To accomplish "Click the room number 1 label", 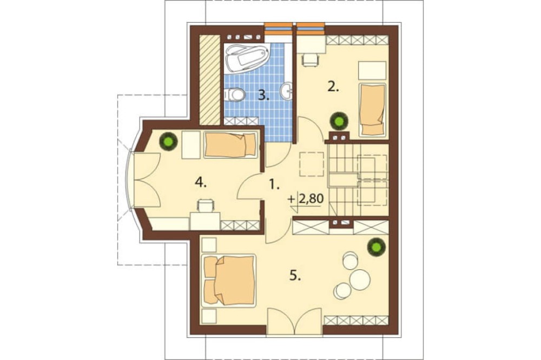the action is (x=274, y=185).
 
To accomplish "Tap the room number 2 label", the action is (x=333, y=87).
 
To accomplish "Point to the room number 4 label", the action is (x=201, y=182).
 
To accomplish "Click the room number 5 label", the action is (x=295, y=276).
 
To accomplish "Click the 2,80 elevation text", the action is (x=311, y=199).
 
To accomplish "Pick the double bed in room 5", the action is (x=230, y=280).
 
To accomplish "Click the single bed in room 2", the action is (x=373, y=110).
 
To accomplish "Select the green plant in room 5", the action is (x=375, y=247).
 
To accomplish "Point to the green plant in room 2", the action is (x=339, y=122).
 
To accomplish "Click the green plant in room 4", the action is (x=168, y=142).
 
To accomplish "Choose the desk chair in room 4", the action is (x=205, y=206).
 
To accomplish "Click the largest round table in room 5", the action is (x=360, y=278).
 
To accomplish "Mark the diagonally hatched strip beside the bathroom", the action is (x=210, y=80).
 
